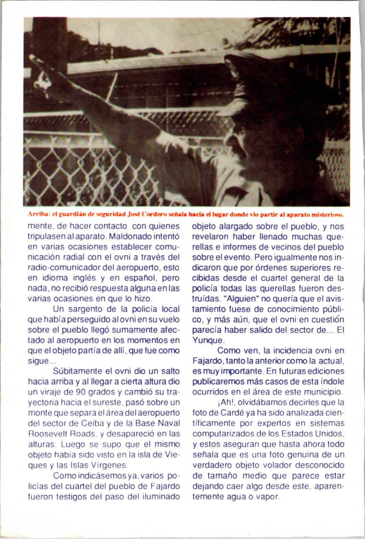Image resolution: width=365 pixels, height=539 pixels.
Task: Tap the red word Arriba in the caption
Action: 38,214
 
